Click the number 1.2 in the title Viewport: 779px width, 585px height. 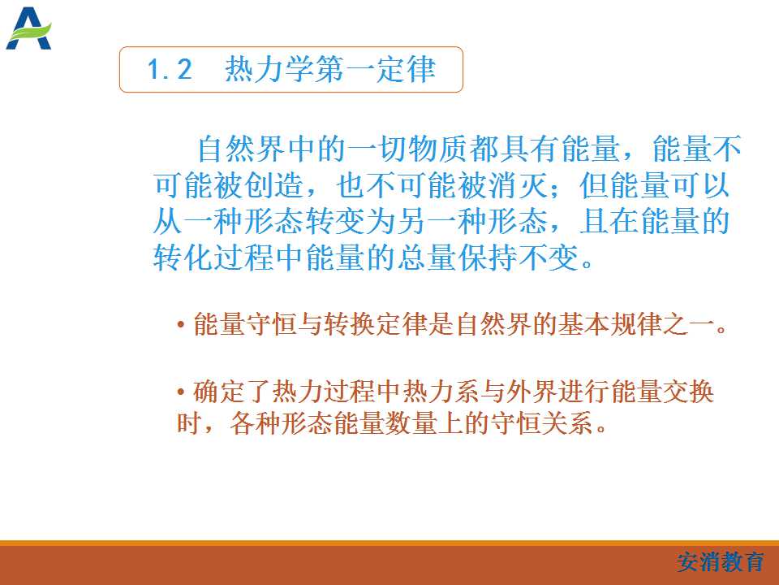pyautogui.click(x=170, y=69)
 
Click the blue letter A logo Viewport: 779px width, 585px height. pyautogui.click(x=29, y=28)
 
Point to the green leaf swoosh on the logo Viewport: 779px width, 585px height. pyautogui.click(x=31, y=32)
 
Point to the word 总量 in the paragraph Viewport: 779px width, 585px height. pyautogui.click(x=427, y=258)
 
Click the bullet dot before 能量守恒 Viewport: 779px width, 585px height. pyautogui.click(x=181, y=325)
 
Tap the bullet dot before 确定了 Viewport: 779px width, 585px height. pyautogui.click(x=181, y=392)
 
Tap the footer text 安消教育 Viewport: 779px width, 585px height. pyautogui.click(x=721, y=562)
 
